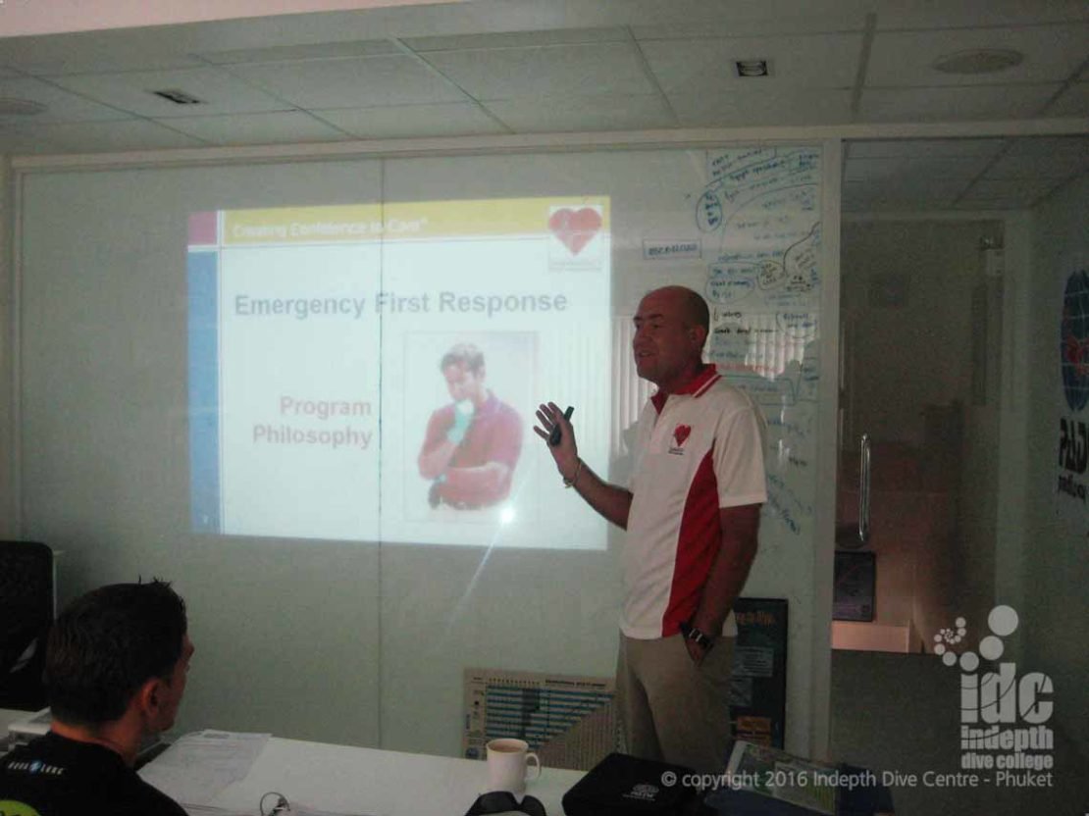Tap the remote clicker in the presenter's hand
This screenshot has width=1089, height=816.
pos(561,426)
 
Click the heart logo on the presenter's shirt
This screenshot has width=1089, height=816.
pos(680,434)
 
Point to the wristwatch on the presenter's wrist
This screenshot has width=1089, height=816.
pos(696,637)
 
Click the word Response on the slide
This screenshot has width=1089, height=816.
pos(502,302)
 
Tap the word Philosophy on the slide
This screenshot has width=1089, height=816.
pos(312,435)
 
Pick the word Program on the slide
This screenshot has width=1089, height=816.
pos(325,406)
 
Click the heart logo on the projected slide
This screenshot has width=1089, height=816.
pos(575,229)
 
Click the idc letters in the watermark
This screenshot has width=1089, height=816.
pos(1006,695)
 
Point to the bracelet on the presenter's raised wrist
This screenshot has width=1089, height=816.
pos(571,478)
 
